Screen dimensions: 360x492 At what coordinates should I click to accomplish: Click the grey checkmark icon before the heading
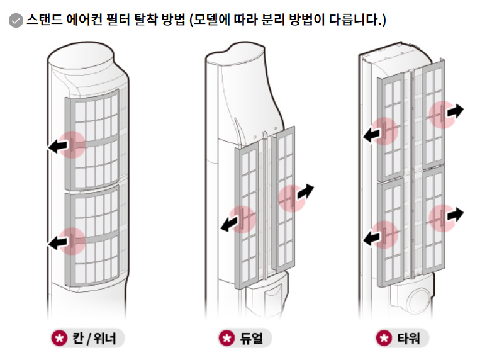point(16,21)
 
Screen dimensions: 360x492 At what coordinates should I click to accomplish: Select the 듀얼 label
point(254,339)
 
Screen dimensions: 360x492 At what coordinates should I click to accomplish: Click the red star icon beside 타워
point(383,339)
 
